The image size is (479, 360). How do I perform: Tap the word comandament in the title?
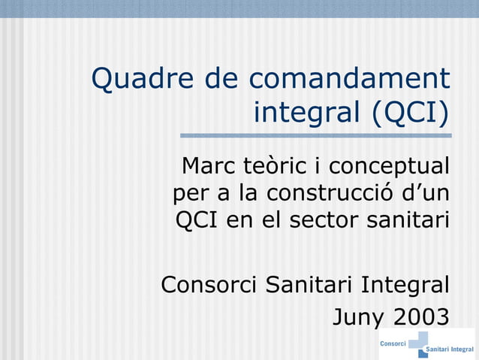[x=349, y=79]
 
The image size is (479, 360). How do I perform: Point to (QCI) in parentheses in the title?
[x=410, y=113]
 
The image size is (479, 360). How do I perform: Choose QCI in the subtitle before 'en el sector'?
[x=197, y=221]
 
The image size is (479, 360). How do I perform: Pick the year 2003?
[x=421, y=316]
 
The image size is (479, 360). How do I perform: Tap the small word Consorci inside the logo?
[x=393, y=343]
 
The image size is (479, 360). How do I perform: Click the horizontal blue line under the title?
[x=315, y=136]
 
